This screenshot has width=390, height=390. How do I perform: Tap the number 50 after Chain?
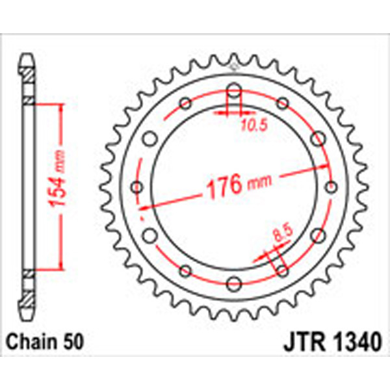[70, 341]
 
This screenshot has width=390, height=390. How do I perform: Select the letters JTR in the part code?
[301, 341]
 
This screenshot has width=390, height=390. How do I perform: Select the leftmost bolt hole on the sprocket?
[137, 187]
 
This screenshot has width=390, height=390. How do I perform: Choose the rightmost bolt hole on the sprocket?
[330, 187]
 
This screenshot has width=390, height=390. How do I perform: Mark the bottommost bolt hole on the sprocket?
[234, 284]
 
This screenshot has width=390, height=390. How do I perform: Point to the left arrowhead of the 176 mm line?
[144, 207]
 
